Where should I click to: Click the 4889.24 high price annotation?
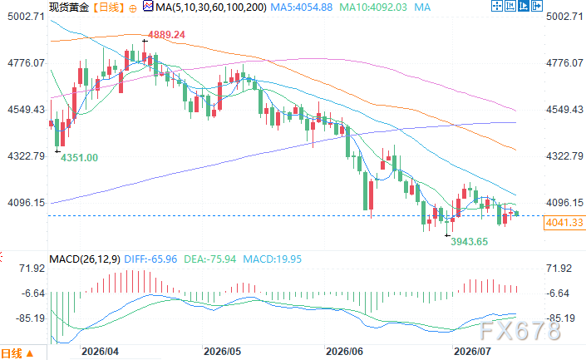[166, 35]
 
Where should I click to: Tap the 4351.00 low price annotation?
[79, 158]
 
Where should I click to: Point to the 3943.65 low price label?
[470, 242]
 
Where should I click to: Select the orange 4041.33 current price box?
[564, 223]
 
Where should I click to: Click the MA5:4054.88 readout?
[301, 7]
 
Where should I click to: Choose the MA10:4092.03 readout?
[373, 7]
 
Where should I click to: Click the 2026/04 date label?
[100, 352]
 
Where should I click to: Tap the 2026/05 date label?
[223, 352]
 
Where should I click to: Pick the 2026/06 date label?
[344, 352]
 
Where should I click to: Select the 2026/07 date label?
[472, 352]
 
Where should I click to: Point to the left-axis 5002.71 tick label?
[26, 17]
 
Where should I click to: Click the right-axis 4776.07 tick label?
[564, 63]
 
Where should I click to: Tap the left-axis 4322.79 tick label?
[26, 155]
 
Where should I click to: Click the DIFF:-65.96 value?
[150, 259]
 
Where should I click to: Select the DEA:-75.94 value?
[209, 259]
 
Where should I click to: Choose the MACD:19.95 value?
[272, 259]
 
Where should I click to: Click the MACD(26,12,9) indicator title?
[85, 259]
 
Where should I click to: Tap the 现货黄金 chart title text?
[69, 7]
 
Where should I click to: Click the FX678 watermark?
[520, 331]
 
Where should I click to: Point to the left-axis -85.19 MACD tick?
[30, 318]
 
